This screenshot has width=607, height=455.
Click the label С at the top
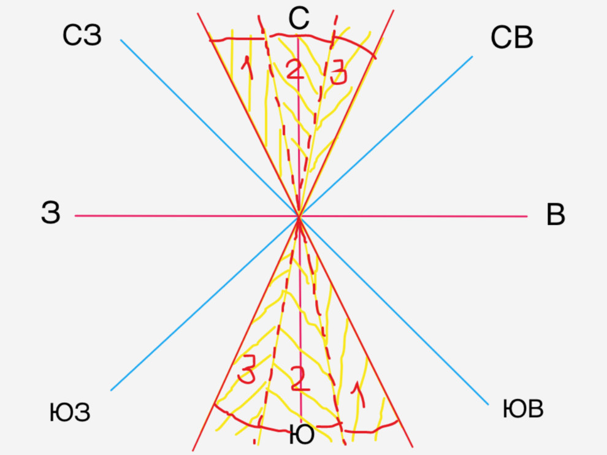(299, 18)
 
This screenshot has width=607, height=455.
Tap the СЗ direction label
(82, 36)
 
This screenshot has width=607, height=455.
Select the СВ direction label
(512, 37)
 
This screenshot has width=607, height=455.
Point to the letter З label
(51, 213)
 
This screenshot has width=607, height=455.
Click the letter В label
(555, 215)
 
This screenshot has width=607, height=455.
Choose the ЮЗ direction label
(70, 413)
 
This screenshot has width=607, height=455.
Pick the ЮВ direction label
(523, 409)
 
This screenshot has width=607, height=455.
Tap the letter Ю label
(302, 435)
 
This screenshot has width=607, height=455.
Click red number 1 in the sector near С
(247, 68)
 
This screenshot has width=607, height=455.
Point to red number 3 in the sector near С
(338, 72)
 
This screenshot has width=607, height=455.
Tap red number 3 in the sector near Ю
(246, 370)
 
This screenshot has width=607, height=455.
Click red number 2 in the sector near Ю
(300, 378)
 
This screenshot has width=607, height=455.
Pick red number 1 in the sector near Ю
(358, 394)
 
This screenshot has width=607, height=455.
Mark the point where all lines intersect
(299, 216)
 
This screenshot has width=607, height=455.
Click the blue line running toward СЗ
(210, 128)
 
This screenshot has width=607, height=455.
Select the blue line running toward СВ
(386, 136)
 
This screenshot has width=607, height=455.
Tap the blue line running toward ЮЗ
(205, 304)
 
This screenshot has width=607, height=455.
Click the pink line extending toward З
(187, 216)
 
